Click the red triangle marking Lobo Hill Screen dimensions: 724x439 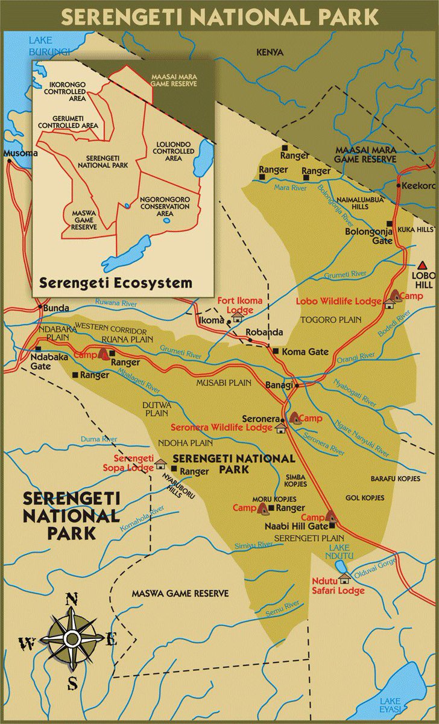(423, 265)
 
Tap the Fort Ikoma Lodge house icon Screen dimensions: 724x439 (237, 318)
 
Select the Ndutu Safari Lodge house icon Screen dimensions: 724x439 (344, 578)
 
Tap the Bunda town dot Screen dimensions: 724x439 (40, 307)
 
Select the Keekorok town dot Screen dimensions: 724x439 (399, 186)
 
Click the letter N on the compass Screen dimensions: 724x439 (71, 599)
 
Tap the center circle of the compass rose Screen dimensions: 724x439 (72, 638)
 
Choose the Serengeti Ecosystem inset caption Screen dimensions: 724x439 (115, 282)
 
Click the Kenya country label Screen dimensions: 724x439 (270, 52)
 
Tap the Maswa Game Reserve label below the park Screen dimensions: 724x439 (180, 594)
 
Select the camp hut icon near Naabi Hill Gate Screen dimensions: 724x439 (330, 516)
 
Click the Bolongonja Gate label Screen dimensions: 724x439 (368, 235)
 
